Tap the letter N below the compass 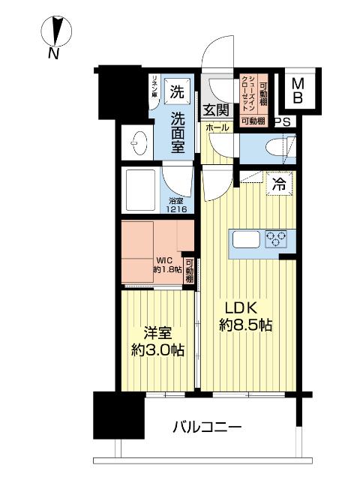(53, 53)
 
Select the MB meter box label (297, 90)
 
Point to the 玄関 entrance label (215, 110)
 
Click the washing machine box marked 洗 (177, 94)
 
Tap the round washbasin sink (138, 141)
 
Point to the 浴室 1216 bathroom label (176, 205)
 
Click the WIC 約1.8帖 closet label (168, 265)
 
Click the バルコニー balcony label (207, 428)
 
